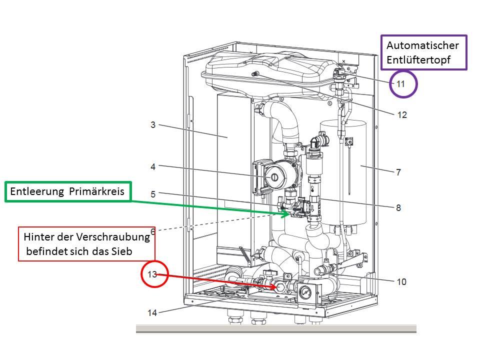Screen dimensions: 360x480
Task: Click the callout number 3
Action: [153, 124]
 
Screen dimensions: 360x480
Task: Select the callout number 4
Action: [153, 166]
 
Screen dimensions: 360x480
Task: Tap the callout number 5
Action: [153, 193]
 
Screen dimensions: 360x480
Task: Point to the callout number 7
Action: [398, 172]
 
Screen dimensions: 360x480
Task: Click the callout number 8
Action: [398, 207]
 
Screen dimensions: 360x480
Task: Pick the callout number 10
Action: [401, 282]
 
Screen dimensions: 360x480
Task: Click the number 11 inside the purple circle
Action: [401, 84]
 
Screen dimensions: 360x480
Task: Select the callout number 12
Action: [402, 115]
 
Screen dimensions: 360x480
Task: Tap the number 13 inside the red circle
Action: [152, 274]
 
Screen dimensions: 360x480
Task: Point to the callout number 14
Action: [152, 313]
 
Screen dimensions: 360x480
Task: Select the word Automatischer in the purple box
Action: [422, 45]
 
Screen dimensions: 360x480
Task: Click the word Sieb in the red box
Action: [122, 251]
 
